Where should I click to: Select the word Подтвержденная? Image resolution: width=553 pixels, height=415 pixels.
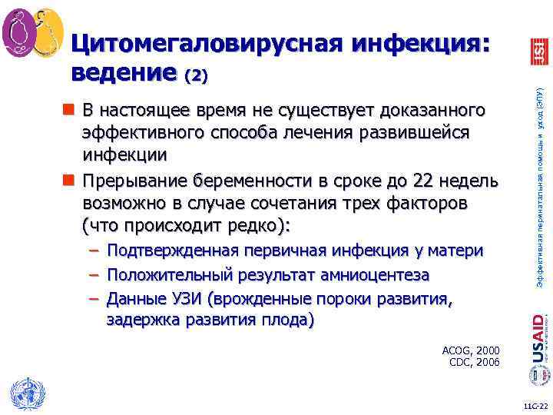pyautogui.click(x=174, y=251)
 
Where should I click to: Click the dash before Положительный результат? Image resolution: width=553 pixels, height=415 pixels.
pyautogui.click(x=93, y=275)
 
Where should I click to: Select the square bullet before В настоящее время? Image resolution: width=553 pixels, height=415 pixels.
pyautogui.click(x=67, y=110)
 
